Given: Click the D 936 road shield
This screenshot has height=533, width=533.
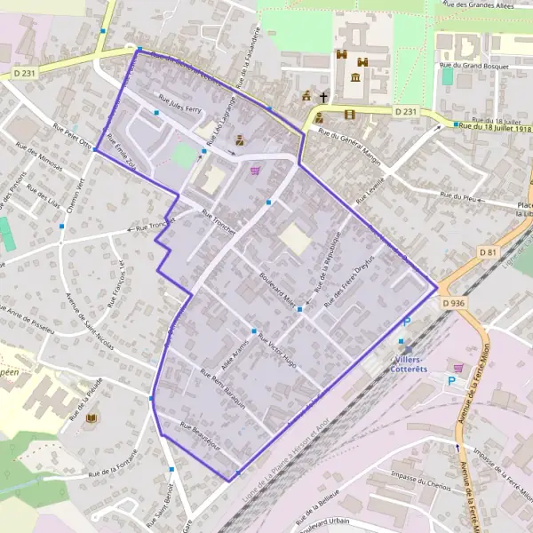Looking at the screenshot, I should (453, 303).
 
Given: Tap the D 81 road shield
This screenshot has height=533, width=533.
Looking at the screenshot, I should (489, 252).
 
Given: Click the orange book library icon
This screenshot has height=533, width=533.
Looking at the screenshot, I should (91, 418).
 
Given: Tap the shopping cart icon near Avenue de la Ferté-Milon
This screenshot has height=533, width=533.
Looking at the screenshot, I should (458, 367).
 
